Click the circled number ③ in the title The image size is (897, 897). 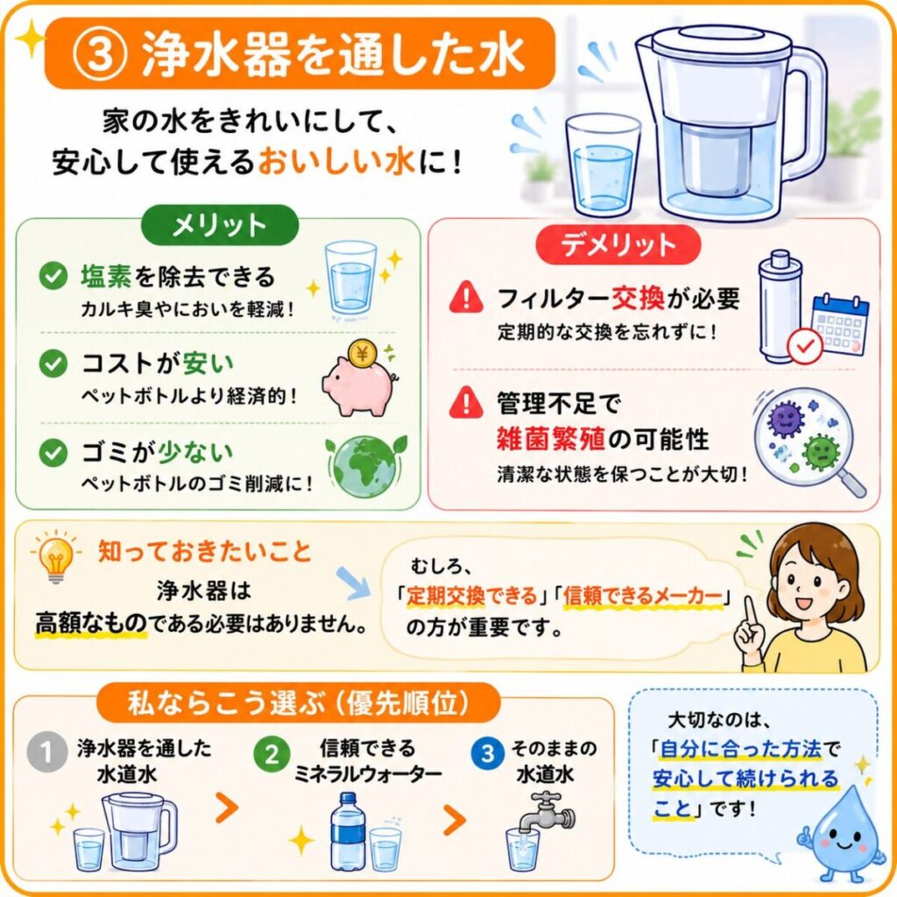[99, 53]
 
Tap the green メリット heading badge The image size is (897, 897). [220, 225]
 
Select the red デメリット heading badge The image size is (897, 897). [618, 245]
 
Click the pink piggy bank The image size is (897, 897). [359, 386]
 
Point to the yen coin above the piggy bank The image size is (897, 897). [362, 355]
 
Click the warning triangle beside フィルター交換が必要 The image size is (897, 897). [467, 298]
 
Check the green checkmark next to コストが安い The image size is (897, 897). [53, 364]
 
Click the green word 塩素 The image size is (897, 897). [106, 277]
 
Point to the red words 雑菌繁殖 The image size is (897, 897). [550, 440]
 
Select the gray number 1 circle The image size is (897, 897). [46, 752]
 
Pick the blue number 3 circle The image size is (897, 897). [488, 752]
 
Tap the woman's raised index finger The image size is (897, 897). [750, 612]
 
